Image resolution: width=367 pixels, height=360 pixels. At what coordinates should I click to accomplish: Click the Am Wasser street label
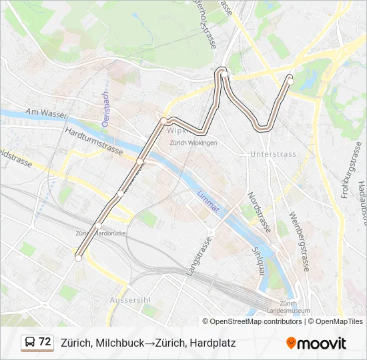(x=46, y=114)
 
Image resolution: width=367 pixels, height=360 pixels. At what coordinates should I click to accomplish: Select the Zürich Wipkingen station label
(x=193, y=142)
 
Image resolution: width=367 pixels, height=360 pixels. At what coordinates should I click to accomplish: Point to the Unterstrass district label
(x=272, y=154)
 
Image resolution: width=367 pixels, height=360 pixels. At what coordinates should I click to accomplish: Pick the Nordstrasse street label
(x=259, y=213)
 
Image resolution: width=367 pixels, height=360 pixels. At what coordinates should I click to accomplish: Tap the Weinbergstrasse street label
(x=300, y=240)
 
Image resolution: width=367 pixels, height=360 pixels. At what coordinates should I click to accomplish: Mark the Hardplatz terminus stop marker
(x=79, y=258)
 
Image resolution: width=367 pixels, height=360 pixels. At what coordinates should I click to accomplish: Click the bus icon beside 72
(x=30, y=343)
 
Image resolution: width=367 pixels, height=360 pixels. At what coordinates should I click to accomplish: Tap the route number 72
(x=45, y=342)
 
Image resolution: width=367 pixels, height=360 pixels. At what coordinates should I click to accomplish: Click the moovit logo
(x=316, y=343)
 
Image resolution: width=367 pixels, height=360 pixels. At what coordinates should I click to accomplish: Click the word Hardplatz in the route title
(x=212, y=343)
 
